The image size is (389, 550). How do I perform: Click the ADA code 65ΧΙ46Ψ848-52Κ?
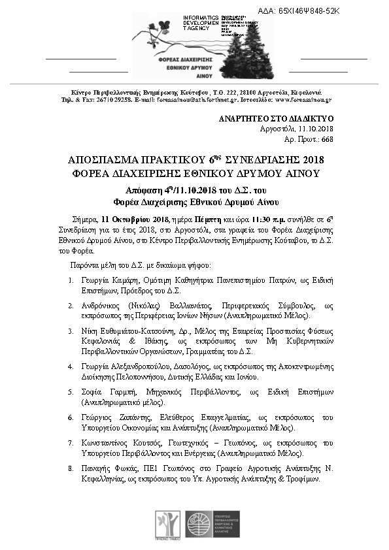[318, 12]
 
